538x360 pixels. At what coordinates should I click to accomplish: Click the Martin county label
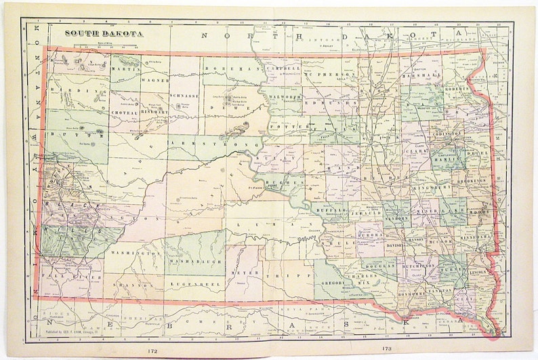point(127,70)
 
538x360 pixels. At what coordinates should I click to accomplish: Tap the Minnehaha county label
point(472,239)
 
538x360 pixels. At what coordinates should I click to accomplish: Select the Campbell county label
point(283,70)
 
